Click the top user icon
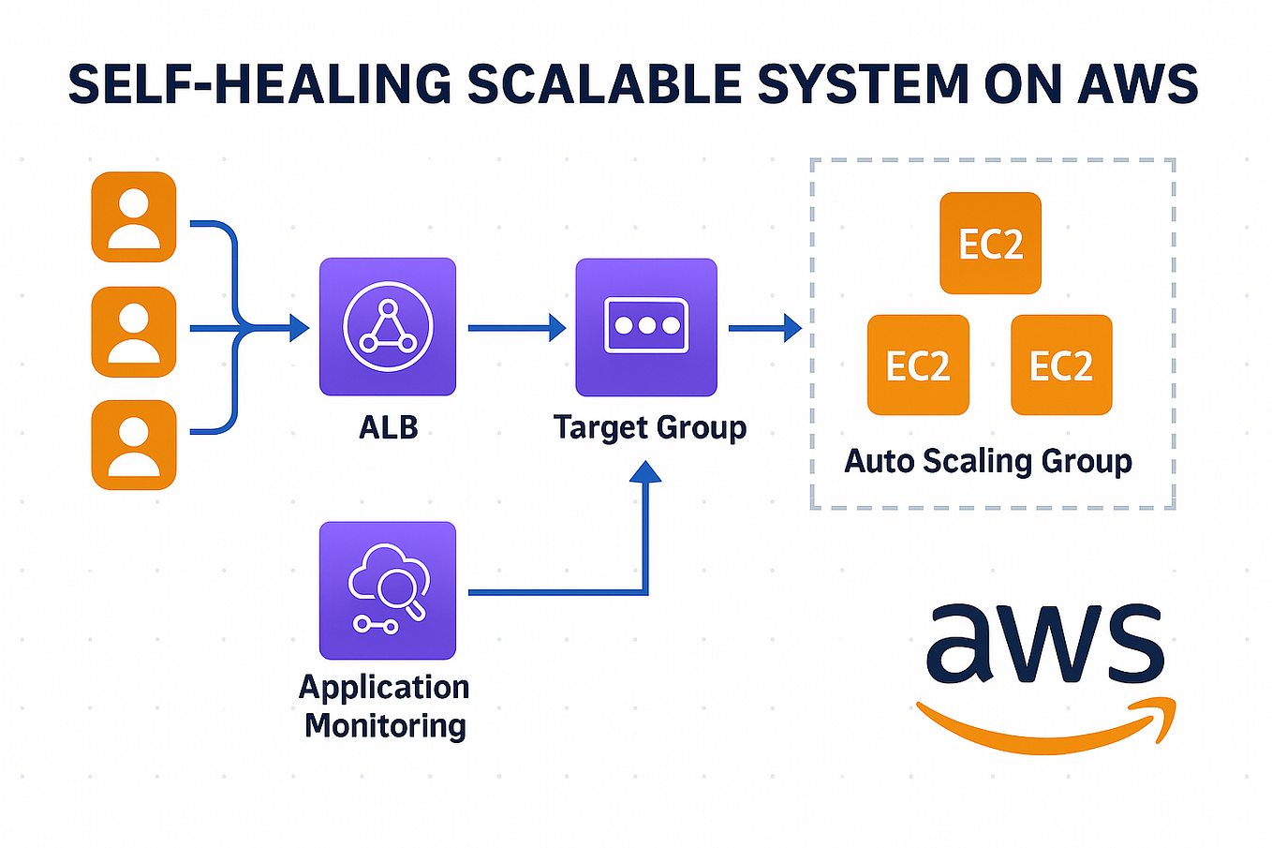coord(134,217)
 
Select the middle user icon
coord(134,332)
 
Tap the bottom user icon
coord(134,445)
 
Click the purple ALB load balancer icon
coord(388,327)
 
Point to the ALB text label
coord(388,427)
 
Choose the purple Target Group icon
coord(646,327)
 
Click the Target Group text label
coord(650,427)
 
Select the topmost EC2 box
coord(990,244)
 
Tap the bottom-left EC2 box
coord(918,364)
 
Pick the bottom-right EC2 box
coord(1061,364)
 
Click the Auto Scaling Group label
coord(988,461)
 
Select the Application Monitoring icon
coord(388,590)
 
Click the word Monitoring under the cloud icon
coord(385,725)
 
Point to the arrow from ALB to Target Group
coord(516,328)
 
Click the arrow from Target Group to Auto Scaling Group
coord(764,328)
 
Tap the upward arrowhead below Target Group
coord(645,471)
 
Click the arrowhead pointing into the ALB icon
coord(299,328)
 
